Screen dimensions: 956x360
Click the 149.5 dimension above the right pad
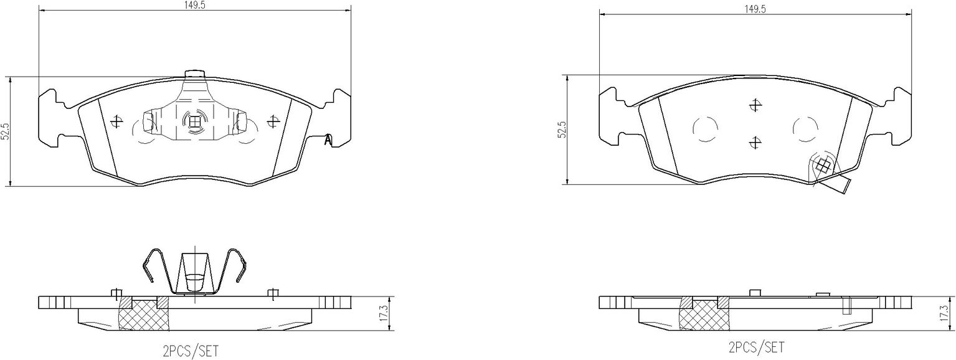point(755,9)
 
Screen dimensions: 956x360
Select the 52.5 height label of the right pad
point(563,130)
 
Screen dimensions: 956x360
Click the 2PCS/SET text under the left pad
point(191,351)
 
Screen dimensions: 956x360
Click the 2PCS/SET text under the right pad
point(756,348)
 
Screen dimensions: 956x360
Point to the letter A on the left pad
point(328,140)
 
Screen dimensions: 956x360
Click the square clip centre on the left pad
point(194,123)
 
